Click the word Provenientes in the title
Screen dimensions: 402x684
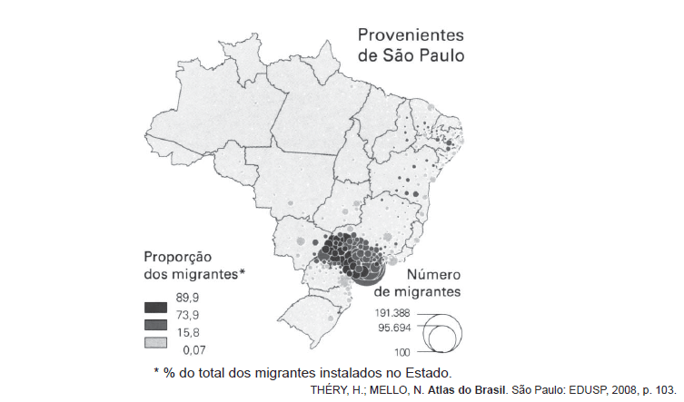410,35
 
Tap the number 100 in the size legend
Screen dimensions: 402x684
402,351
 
